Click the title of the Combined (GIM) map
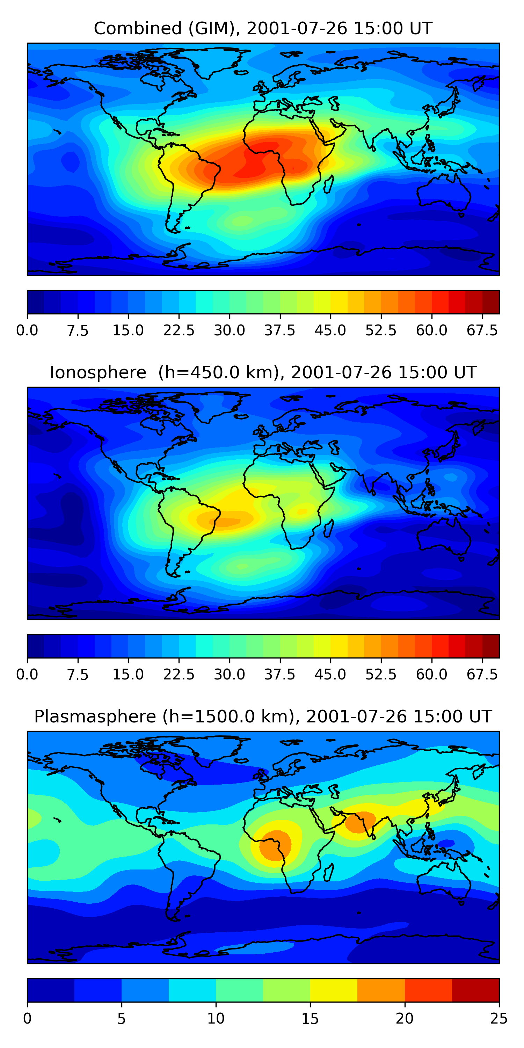tap(262, 29)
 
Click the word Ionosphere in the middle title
tap(98, 373)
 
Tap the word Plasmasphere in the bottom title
tap(95, 716)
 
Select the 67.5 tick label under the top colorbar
tap(482, 330)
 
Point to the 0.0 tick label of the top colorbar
tap(27, 330)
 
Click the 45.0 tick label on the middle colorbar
tap(330, 675)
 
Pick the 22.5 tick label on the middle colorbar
tap(179, 675)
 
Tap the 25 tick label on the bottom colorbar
tap(499, 1019)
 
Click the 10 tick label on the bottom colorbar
tap(216, 1019)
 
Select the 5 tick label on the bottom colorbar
tap(121, 1019)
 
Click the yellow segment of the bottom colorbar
tap(334, 990)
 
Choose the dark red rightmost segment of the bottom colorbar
tap(475, 990)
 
